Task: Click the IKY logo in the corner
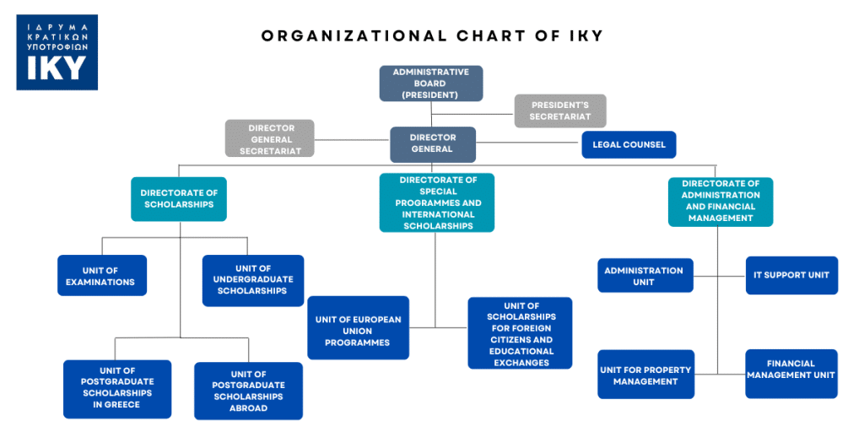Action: point(57,51)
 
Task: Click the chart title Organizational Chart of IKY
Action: point(432,35)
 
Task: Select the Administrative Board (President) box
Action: point(430,84)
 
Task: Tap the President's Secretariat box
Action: point(560,111)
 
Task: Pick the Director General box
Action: point(432,143)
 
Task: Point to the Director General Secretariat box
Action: point(270,138)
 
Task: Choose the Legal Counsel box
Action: point(629,144)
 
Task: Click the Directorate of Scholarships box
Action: point(179,198)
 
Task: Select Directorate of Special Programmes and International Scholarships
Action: point(437,202)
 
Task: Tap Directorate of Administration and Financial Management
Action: point(720,201)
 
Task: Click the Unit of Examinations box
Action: point(101,275)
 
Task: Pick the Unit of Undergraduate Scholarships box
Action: point(252,279)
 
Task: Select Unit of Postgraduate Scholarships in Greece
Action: point(117,388)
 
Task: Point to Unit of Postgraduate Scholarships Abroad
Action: point(248,391)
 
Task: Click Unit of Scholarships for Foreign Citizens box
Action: point(520,332)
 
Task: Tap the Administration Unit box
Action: point(645,275)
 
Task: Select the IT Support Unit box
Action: point(791,275)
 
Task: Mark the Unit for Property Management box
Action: point(645,375)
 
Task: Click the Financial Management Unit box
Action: point(791,374)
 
